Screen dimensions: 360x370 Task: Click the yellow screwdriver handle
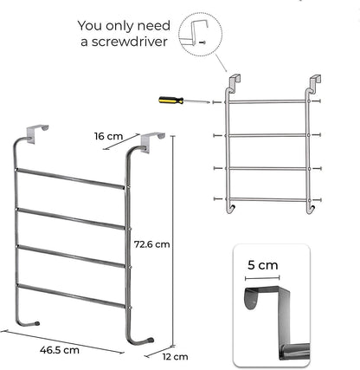[171, 101]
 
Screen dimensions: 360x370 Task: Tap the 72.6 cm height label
[152, 244]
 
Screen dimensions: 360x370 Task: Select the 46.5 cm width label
[60, 350]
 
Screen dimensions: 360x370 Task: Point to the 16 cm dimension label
[108, 136]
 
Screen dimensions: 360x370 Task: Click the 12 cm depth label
[175, 357]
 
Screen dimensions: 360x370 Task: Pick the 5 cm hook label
[263, 265]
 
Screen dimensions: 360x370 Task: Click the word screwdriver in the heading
[130, 42]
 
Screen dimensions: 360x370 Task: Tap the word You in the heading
[90, 26]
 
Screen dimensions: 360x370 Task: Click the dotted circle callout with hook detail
[201, 34]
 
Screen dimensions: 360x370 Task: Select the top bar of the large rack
[70, 179]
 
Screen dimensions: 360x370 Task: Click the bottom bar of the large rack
[71, 296]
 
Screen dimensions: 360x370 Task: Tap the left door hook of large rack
[36, 133]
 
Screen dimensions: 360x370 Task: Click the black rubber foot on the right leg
[150, 340]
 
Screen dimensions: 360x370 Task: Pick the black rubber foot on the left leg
[36, 323]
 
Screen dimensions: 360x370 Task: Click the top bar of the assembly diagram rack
[267, 101]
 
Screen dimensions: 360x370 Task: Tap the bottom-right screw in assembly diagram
[317, 199]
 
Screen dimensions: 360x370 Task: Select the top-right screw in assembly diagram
[317, 101]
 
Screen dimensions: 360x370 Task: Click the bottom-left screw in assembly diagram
[218, 198]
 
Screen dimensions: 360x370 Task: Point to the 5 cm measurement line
[262, 278]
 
